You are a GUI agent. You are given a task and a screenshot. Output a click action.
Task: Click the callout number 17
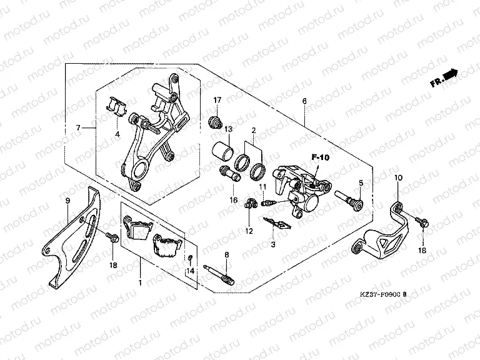[x=218, y=101]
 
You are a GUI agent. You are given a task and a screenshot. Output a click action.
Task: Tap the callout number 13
[x=229, y=129]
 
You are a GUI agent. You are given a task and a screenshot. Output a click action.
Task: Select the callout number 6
[x=304, y=101]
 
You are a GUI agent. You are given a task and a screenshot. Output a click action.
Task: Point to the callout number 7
[x=79, y=128]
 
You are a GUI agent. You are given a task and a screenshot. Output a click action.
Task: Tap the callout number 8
[x=227, y=255]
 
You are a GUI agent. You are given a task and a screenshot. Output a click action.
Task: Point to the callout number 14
[x=191, y=271]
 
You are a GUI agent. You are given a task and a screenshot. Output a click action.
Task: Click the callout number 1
[x=140, y=282]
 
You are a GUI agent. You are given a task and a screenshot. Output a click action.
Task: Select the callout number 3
[x=272, y=244]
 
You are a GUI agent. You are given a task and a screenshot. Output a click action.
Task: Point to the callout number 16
[x=232, y=200]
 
